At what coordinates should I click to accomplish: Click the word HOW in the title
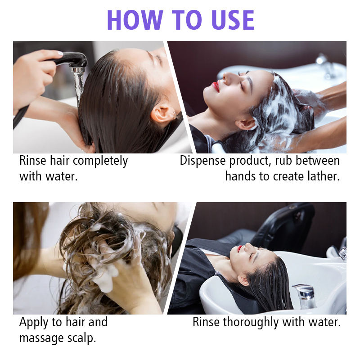135,20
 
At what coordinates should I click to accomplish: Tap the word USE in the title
233,20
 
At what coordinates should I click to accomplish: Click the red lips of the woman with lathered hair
216,87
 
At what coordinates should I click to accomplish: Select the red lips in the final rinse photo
240,248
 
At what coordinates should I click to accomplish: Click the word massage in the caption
41,338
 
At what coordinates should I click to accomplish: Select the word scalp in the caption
81,338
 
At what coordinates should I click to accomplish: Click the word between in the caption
318,160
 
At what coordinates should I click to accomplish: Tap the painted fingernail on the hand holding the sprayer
60,54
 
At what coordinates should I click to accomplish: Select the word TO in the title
186,20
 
